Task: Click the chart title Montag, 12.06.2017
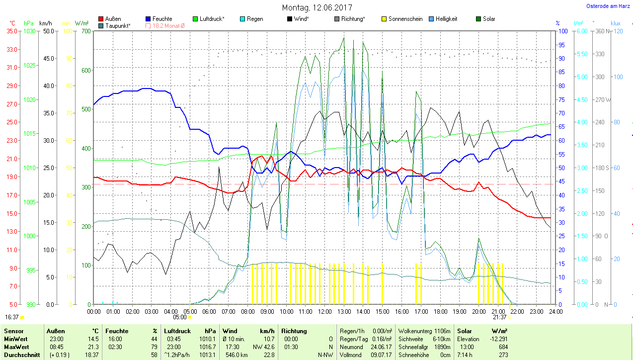(x=317, y=7)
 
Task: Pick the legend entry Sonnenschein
(x=405, y=19)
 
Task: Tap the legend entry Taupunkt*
(x=118, y=25)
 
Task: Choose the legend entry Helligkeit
(x=446, y=19)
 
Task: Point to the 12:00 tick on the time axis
(x=324, y=312)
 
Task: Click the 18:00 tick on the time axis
(x=440, y=312)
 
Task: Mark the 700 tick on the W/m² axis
(x=85, y=31)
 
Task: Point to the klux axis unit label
(x=616, y=23)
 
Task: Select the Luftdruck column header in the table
(x=177, y=331)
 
